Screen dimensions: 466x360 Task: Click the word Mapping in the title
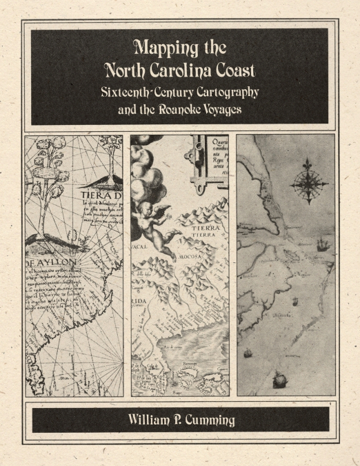tap(163, 49)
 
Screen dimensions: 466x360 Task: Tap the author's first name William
tap(151, 420)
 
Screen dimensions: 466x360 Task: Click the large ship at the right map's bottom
tap(279, 379)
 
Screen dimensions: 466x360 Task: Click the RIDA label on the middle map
tap(139, 302)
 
